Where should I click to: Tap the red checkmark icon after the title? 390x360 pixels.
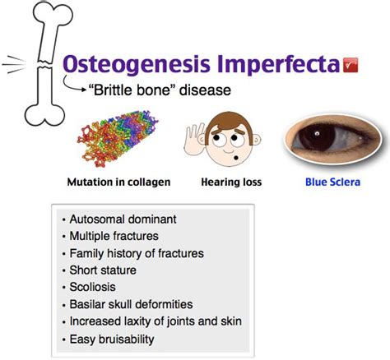click(x=351, y=65)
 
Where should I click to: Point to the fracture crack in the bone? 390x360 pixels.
click(x=44, y=64)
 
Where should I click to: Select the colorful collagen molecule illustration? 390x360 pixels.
click(x=118, y=138)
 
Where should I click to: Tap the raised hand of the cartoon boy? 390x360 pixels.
click(x=195, y=139)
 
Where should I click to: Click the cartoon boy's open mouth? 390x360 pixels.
click(x=236, y=158)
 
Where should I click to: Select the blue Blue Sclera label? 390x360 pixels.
click(x=332, y=182)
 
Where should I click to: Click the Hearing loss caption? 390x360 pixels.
click(x=231, y=182)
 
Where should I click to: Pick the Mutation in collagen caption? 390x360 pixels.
click(x=118, y=182)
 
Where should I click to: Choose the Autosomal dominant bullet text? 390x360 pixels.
click(x=123, y=219)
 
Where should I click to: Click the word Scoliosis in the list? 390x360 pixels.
click(x=92, y=287)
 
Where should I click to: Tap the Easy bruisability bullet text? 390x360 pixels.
click(x=112, y=339)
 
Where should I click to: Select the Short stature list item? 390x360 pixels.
click(x=103, y=270)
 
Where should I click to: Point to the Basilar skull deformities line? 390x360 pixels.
click(x=131, y=304)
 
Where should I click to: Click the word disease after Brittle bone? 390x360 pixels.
click(x=205, y=90)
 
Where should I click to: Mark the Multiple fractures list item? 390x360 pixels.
click(x=114, y=236)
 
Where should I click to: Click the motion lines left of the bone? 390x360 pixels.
click(x=14, y=65)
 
